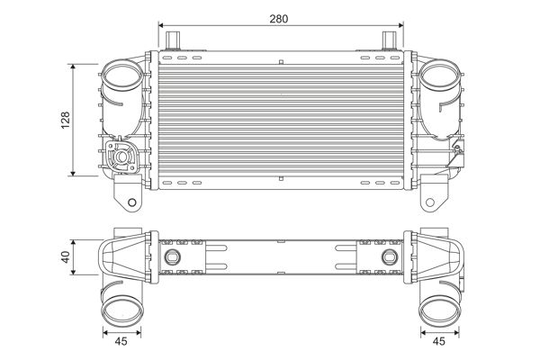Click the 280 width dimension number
[279, 19]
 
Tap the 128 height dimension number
[66, 120]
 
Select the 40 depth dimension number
[65, 257]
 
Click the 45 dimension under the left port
[121, 341]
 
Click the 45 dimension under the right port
[438, 341]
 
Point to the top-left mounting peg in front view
[173, 40]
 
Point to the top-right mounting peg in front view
[390, 40]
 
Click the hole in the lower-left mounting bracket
[132, 202]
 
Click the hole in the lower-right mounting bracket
[430, 202]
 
